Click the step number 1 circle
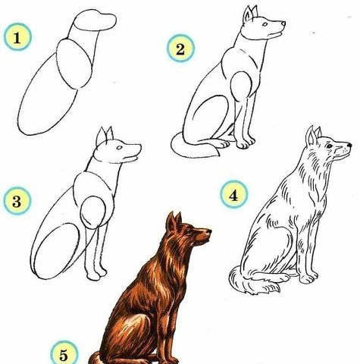17,37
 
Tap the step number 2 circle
180,49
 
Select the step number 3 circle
17,201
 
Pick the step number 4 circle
233,194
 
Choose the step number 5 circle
64,354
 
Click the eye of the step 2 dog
265,24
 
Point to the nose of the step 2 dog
283,24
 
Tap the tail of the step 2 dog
195,146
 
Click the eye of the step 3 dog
119,147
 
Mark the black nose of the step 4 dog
349,145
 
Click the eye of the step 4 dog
329,146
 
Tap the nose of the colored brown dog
208,231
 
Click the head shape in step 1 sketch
95,20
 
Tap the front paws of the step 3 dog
96,275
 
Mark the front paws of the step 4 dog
308,278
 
